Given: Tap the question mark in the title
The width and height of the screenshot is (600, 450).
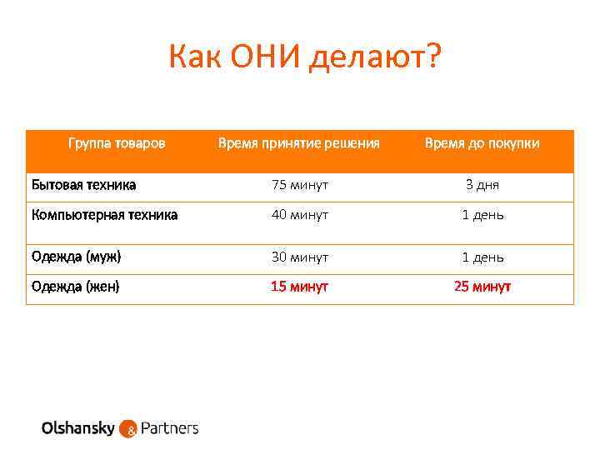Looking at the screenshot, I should click(434, 57).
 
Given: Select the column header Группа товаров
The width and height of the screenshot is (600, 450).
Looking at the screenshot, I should click(117, 143).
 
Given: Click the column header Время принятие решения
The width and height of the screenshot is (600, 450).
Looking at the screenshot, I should click(298, 143).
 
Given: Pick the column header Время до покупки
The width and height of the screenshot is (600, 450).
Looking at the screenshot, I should click(482, 143).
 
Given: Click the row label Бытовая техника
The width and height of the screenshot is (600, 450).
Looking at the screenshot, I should click(84, 184).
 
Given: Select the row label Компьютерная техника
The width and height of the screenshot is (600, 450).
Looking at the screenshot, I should click(104, 214).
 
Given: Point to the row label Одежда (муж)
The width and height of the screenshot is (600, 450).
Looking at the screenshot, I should click(82, 257).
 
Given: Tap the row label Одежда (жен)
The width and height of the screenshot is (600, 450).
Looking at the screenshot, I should click(76, 287).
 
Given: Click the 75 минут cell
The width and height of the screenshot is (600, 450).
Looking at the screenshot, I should click(299, 184).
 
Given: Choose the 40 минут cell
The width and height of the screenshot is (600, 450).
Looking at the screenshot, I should click(299, 215).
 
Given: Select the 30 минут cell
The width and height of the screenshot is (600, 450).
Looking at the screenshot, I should click(299, 257).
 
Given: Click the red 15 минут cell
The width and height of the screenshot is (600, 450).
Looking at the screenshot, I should click(299, 287).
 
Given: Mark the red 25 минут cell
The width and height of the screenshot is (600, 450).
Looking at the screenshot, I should click(482, 287).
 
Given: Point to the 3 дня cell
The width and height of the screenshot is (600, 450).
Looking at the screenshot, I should click(482, 184).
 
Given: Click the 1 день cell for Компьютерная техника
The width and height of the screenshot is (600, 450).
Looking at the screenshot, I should click(482, 215).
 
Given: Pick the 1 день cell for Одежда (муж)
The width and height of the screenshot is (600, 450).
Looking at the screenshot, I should click(482, 257).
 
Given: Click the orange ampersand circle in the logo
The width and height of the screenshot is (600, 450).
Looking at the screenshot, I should click(129, 430).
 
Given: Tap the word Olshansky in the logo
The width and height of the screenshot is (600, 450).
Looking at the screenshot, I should click(79, 428).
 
